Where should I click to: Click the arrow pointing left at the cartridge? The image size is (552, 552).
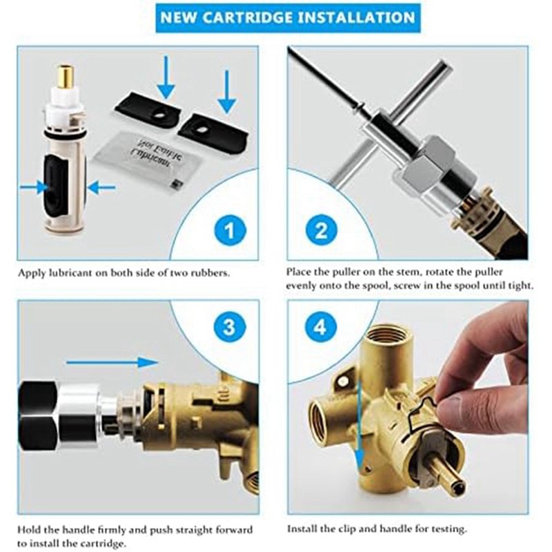pos(101,186)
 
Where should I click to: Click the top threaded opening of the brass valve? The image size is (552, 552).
pos(379,338)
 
